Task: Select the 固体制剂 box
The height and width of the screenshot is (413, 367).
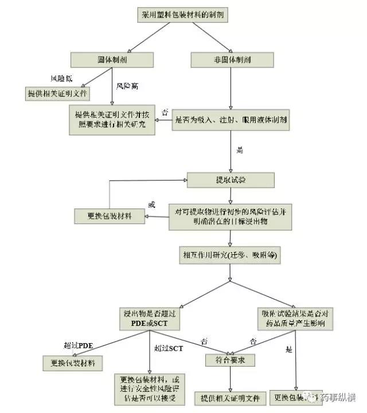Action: click(x=112, y=60)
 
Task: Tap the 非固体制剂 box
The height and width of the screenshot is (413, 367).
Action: click(x=230, y=60)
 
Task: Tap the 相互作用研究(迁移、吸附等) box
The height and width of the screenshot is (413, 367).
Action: click(x=230, y=255)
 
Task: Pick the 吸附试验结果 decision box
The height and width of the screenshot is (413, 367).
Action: click(x=294, y=318)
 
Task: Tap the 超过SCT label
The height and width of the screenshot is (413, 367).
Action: click(x=167, y=348)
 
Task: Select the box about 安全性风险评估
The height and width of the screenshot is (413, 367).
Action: click(x=150, y=389)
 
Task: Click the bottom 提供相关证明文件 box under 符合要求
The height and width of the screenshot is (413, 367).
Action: click(x=230, y=397)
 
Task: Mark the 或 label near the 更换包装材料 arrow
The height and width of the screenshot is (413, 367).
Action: click(x=152, y=204)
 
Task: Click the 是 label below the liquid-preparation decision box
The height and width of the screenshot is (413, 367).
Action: click(x=240, y=151)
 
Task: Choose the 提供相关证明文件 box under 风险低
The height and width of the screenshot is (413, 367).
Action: click(x=57, y=92)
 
